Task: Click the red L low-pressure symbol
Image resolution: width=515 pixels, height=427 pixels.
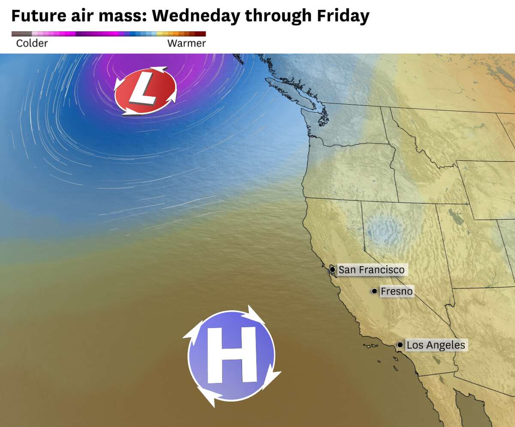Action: point(145,91)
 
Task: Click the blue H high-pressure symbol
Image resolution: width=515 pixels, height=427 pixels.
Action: point(231,356)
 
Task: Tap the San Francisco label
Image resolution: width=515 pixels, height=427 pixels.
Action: point(371,270)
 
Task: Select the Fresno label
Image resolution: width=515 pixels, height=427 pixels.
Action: point(397,291)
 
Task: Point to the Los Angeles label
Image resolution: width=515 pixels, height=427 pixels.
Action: point(436,345)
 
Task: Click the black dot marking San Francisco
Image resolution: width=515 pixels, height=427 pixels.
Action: point(332,270)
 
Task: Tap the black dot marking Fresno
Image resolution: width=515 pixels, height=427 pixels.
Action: point(374,291)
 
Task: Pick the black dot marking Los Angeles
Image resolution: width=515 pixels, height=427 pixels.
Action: point(400,345)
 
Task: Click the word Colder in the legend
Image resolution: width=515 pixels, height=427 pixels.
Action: point(32,43)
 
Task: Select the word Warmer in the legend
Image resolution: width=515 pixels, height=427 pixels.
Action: point(186,43)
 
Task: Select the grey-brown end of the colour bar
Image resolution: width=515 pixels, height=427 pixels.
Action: point(20,33)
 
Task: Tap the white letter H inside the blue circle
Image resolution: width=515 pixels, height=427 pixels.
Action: point(231,355)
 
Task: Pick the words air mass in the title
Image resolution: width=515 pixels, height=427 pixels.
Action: point(103,16)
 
